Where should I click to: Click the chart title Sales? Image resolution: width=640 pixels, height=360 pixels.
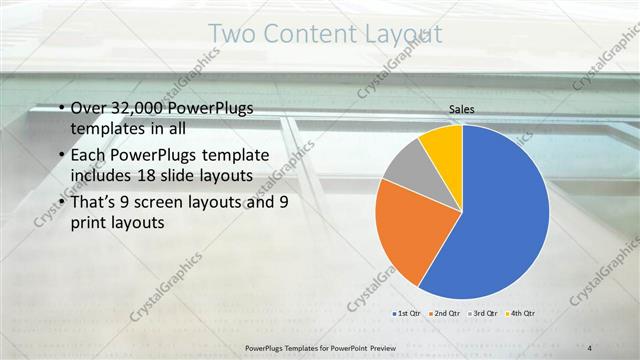[461, 109]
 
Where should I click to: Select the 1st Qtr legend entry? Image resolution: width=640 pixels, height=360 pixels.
[406, 313]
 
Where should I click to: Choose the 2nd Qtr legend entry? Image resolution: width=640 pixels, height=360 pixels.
[444, 313]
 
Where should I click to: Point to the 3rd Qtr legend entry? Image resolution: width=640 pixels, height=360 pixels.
[483, 313]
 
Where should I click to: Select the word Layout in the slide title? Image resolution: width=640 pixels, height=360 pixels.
[399, 35]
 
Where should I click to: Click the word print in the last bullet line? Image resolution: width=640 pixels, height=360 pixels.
[90, 224]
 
